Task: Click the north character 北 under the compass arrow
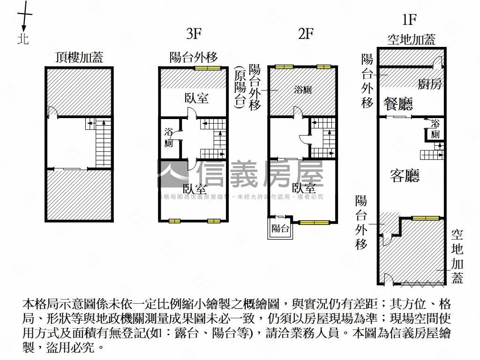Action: pyautogui.click(x=23, y=38)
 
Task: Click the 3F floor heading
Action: pyautogui.click(x=194, y=34)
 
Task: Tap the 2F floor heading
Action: pyautogui.click(x=306, y=34)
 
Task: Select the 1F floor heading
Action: pyautogui.click(x=409, y=20)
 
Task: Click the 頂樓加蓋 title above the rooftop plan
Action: pyautogui.click(x=79, y=57)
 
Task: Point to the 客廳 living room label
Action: pyautogui.click(x=405, y=176)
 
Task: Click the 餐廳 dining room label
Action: pyautogui.click(x=398, y=104)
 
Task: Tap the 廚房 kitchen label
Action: pyautogui.click(x=430, y=84)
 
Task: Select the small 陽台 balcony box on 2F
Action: pyautogui.click(x=280, y=229)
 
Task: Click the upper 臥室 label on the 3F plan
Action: pyautogui.click(x=196, y=98)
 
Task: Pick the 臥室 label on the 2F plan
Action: pyautogui.click(x=303, y=188)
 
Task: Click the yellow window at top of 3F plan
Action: pyautogui.click(x=208, y=68)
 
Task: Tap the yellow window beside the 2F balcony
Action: pyautogui.click(x=314, y=223)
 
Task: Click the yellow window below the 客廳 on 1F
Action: pyautogui.click(x=426, y=218)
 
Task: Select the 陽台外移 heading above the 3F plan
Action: pyautogui.click(x=194, y=57)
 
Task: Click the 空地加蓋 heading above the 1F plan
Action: pyautogui.click(x=411, y=39)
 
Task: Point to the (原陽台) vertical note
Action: pyautogui.click(x=240, y=88)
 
